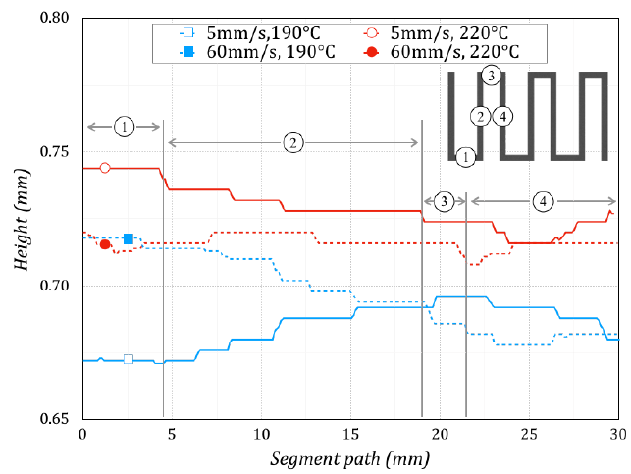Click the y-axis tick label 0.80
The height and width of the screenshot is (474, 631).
pyautogui.click(x=54, y=18)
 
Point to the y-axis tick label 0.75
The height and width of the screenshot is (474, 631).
pyautogui.click(x=54, y=152)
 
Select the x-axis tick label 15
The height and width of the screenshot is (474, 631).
pyautogui.click(x=349, y=434)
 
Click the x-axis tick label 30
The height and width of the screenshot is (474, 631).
pyautogui.click(x=618, y=434)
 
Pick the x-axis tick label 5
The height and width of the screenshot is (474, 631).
pyautogui.click(x=172, y=434)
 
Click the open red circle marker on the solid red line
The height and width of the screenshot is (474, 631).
pyautogui.click(x=105, y=168)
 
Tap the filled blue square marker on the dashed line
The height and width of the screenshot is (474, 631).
pyautogui.click(x=129, y=238)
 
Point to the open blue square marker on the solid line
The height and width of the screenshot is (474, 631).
pyautogui.click(x=129, y=359)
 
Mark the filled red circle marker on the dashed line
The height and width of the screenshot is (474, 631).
pyautogui.click(x=105, y=244)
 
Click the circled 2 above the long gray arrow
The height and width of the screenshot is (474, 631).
pyautogui.click(x=293, y=143)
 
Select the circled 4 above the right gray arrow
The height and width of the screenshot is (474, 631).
pyautogui.click(x=543, y=201)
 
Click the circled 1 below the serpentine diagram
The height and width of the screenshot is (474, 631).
pyautogui.click(x=465, y=156)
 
